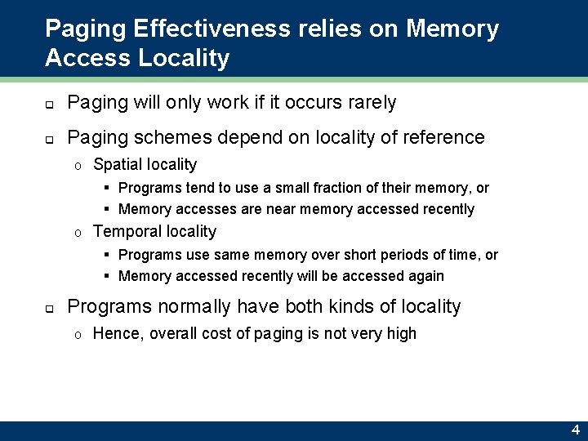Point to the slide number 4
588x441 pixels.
[575, 430]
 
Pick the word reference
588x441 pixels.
[440, 137]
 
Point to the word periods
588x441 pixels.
[383, 255]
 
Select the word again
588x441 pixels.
[425, 276]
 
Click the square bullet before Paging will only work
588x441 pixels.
[50, 105]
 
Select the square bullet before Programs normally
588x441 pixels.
[50, 309]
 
